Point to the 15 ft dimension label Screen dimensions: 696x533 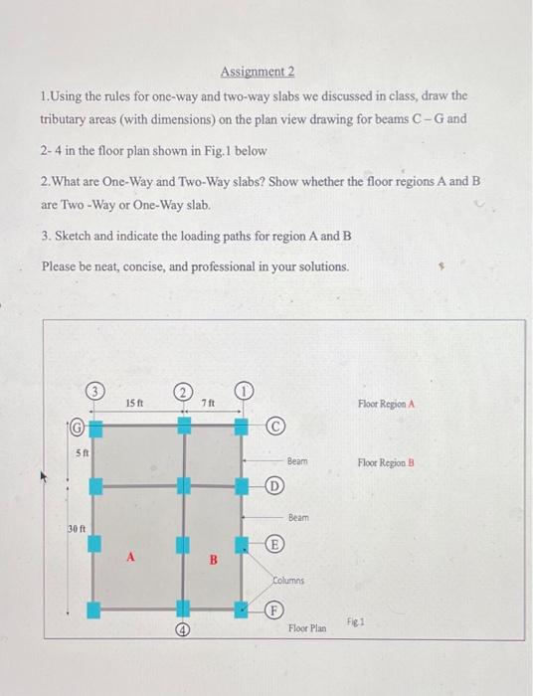tap(136, 404)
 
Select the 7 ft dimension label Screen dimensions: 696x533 tap(207, 404)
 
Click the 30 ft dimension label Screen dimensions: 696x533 tap(77, 527)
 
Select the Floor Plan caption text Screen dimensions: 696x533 tap(306, 629)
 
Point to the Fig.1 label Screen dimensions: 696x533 tap(356, 618)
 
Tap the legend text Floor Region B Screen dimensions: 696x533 tap(385, 462)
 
